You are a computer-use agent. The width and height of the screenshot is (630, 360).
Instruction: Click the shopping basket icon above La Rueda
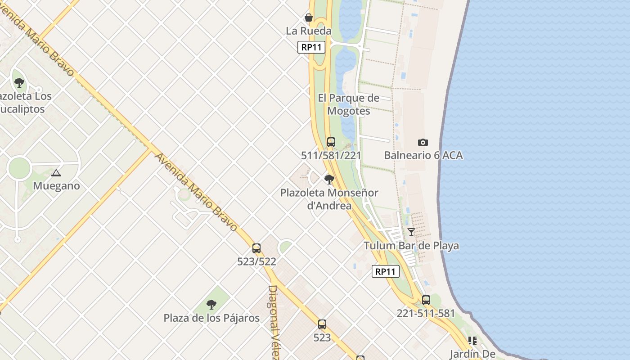[x=309, y=18]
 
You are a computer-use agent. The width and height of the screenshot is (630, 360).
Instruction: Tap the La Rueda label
[x=309, y=31]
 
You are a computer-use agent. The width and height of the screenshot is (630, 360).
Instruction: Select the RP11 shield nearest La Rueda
[x=311, y=47]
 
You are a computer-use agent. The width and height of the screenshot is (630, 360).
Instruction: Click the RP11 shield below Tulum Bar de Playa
[x=386, y=271]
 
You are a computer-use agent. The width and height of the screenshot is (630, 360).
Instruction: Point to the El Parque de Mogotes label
[x=349, y=104]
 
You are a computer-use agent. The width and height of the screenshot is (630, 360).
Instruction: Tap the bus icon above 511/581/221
[x=331, y=142]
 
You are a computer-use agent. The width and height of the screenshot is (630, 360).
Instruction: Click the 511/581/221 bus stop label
[x=331, y=155]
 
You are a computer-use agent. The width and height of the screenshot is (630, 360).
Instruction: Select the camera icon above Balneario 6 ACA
[x=423, y=142]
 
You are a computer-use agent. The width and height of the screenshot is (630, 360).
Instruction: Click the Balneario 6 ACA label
[x=423, y=155]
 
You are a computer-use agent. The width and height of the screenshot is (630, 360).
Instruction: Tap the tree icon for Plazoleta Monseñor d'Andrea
[x=329, y=180]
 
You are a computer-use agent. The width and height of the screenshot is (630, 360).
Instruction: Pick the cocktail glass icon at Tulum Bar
[x=411, y=232]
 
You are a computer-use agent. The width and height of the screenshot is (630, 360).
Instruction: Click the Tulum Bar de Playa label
[x=411, y=246]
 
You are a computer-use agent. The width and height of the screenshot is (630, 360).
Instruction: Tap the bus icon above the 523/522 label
[x=256, y=248]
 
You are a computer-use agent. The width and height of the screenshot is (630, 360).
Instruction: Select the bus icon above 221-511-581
[x=426, y=300]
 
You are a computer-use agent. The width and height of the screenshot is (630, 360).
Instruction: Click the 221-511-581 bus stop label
[x=426, y=313]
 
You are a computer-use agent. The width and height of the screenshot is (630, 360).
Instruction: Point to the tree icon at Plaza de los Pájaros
[x=211, y=305]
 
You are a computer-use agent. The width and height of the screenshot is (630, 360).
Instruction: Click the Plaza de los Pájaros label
[x=211, y=318]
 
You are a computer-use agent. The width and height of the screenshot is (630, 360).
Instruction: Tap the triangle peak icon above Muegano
[x=56, y=173]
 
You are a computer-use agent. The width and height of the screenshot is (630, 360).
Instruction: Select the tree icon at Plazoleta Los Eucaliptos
[x=19, y=82]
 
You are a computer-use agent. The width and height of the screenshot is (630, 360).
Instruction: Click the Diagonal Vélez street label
[x=274, y=322]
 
